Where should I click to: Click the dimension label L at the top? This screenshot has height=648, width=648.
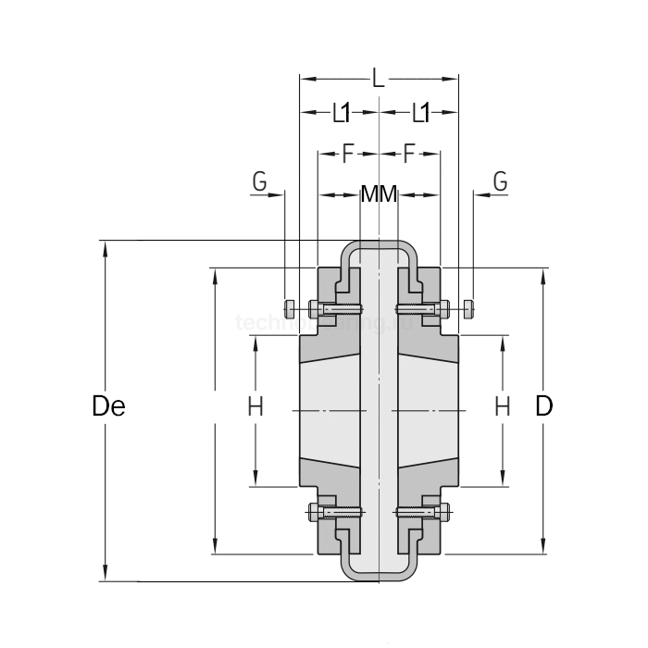[x=378, y=79]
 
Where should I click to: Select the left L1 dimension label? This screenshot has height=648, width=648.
[x=341, y=113]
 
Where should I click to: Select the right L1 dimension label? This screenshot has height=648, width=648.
[x=420, y=113]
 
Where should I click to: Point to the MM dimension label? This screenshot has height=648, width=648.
[x=379, y=194]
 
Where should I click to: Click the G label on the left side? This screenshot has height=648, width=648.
[x=259, y=181]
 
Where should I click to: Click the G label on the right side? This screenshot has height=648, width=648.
[x=500, y=181]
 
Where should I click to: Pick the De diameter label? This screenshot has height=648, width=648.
[x=108, y=405]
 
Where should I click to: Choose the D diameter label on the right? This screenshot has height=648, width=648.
[x=544, y=405]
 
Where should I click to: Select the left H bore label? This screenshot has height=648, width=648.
[x=255, y=405]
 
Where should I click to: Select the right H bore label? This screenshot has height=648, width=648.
[x=502, y=405]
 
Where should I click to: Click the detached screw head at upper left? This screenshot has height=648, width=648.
[x=290, y=307]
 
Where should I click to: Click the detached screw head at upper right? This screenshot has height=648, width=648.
[x=470, y=307]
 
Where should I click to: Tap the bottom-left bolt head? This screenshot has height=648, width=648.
[x=313, y=511]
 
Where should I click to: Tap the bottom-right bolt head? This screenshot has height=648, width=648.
[x=446, y=511]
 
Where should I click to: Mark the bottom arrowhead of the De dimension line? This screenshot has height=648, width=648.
[x=106, y=576]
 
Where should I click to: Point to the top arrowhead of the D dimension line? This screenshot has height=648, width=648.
[x=542, y=274]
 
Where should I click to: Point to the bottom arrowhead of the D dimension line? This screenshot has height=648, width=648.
[x=542, y=548]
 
